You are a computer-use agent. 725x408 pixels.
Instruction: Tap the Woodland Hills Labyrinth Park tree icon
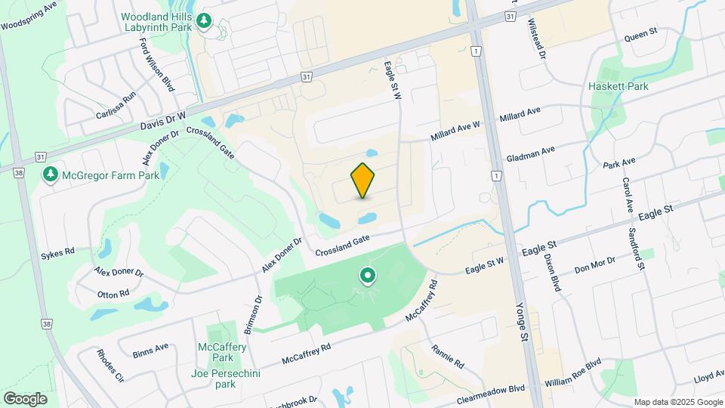204,22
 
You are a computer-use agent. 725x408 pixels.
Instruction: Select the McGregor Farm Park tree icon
51,175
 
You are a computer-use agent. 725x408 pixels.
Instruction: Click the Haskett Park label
618,86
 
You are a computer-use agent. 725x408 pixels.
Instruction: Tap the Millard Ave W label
455,131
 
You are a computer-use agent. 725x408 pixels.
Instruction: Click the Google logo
25,399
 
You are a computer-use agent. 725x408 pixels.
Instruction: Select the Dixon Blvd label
552,273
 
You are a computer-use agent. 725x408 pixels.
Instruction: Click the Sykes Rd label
58,252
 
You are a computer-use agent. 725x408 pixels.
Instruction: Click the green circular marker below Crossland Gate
368,277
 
